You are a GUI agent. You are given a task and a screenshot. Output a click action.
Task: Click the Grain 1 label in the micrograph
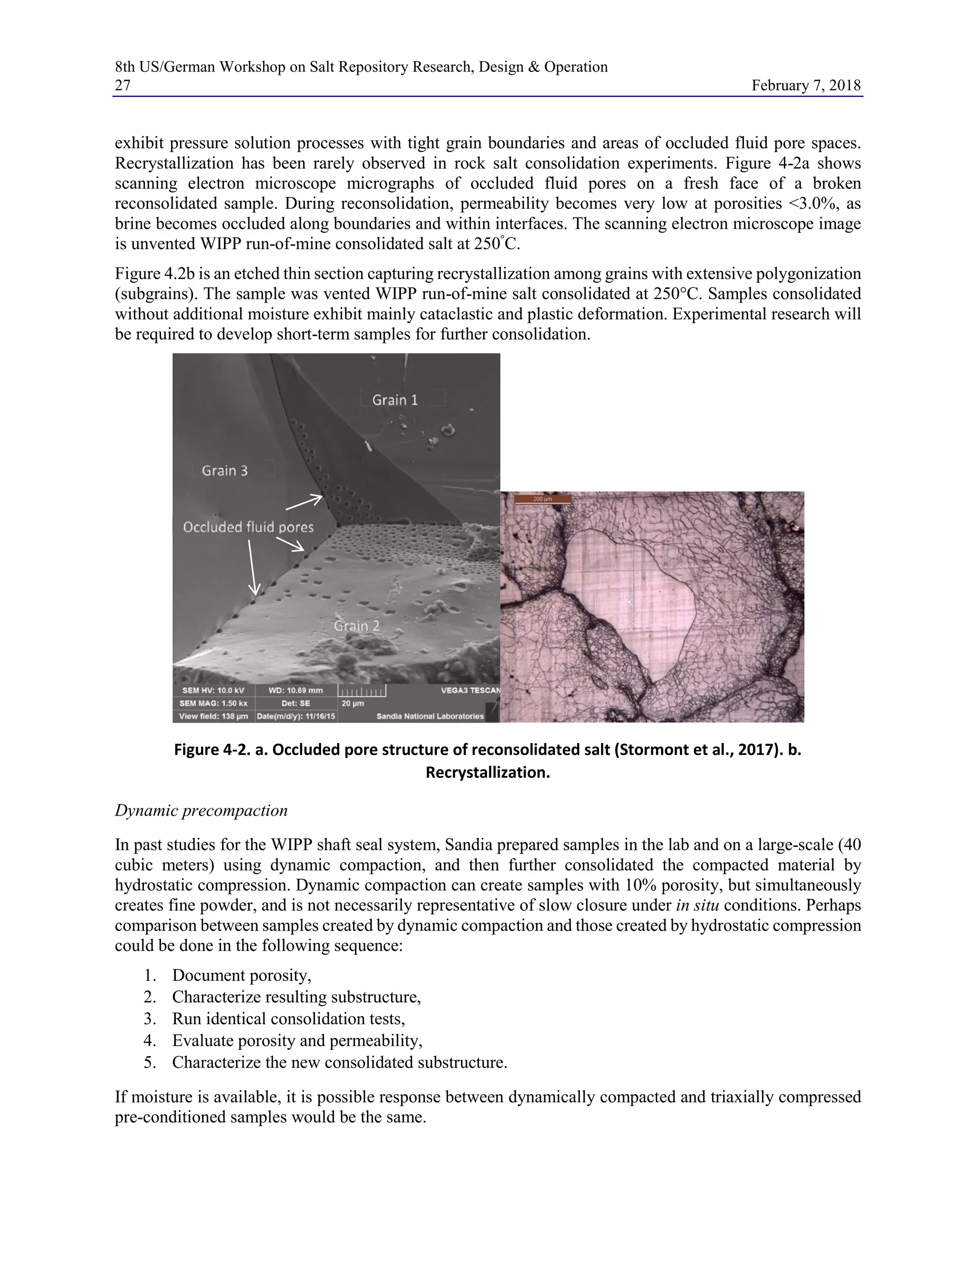(x=395, y=399)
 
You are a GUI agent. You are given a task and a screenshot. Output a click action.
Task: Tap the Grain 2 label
(x=357, y=626)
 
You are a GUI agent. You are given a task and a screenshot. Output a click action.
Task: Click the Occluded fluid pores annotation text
(x=248, y=527)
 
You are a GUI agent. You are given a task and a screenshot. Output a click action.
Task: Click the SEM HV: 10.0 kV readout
(x=213, y=691)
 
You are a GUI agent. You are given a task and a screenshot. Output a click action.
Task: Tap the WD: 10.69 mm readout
(x=295, y=691)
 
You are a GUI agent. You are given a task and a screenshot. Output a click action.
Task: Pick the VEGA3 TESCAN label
(x=470, y=691)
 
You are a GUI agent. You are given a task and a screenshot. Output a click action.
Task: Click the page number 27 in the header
(x=122, y=86)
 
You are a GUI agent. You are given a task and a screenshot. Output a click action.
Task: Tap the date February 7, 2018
(x=806, y=86)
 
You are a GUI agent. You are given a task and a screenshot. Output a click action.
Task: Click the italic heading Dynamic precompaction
(x=201, y=810)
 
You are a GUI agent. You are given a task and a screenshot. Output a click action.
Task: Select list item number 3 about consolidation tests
(x=288, y=1019)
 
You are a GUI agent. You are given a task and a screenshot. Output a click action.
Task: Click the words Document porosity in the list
(x=242, y=975)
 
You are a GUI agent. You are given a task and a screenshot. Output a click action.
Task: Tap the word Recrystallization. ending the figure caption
(x=488, y=773)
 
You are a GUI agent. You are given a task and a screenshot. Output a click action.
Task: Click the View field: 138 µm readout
(x=213, y=716)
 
